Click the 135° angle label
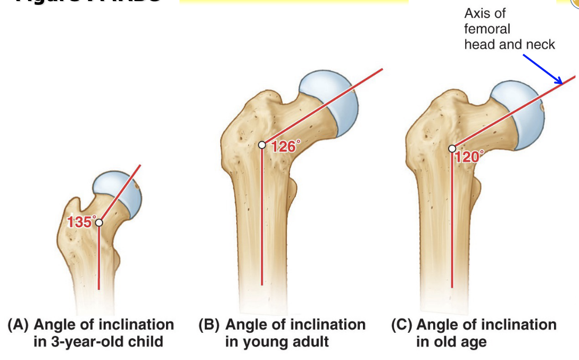pyautogui.click(x=81, y=222)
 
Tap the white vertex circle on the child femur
pyautogui.click(x=98, y=223)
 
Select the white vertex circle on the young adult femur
pyautogui.click(x=262, y=145)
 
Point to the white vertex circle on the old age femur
pyautogui.click(x=452, y=149)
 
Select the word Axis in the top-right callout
pyautogui.click(x=477, y=13)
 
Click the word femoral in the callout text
pyautogui.click(x=486, y=29)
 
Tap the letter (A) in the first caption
pyautogui.click(x=19, y=324)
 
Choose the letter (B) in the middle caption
pyautogui.click(x=209, y=324)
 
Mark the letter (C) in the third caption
pyautogui.click(x=401, y=324)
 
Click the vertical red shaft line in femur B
pyautogui.click(x=262, y=224)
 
